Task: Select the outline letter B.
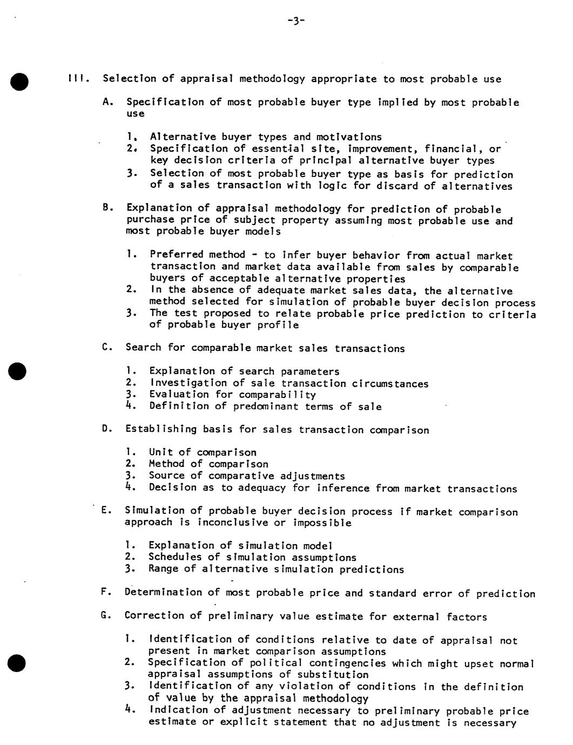[106, 207]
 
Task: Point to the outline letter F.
[106, 592]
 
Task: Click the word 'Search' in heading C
[143, 347]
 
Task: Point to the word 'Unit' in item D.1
[160, 452]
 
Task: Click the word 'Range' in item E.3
[163, 569]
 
